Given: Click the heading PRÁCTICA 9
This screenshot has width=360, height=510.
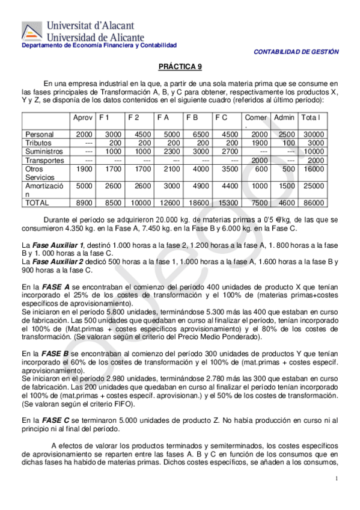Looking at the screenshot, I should (180, 69).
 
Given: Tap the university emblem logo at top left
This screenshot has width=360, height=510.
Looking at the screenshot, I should (32, 32).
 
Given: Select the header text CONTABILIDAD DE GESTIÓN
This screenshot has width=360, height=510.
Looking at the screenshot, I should (296, 52).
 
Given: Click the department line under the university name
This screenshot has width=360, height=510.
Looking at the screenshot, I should (99, 46).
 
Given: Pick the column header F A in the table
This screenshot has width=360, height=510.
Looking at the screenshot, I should (162, 117).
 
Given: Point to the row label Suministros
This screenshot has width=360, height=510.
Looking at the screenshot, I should (44, 152).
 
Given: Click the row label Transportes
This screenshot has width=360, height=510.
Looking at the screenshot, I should (44, 161).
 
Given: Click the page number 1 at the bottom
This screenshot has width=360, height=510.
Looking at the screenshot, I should (337, 478).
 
